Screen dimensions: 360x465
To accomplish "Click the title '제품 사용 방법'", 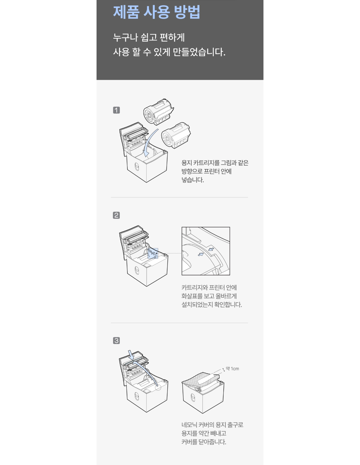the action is tap(156, 12).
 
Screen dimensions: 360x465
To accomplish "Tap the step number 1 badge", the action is tap(116, 110).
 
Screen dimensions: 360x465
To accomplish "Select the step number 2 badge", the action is tap(116, 215).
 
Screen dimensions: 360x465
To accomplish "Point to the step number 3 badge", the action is tap(116, 341).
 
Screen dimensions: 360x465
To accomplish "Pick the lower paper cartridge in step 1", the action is tap(176, 135).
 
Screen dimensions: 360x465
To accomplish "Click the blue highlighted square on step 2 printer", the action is tap(153, 253).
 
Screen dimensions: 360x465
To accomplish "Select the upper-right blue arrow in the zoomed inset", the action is tap(211, 249).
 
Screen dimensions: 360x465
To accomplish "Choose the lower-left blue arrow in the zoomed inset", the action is tap(201, 254).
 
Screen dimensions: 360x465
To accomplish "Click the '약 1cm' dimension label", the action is tap(232, 369).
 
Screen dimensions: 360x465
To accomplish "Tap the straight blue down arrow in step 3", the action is tap(131, 355).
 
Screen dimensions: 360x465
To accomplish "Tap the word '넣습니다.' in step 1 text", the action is tap(193, 180).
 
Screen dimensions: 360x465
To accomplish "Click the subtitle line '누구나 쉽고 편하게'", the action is tap(149, 38).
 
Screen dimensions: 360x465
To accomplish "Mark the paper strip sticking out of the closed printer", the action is tap(206, 379).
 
